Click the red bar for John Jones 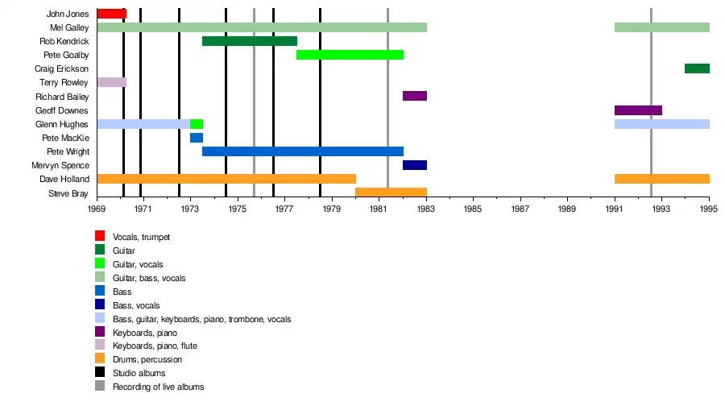point(111,14)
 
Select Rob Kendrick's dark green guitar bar point(249,41)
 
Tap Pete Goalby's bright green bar point(350,55)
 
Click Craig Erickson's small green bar point(697,68)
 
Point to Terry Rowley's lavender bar point(111,82)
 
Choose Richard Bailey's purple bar point(415,96)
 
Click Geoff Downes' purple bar point(638,110)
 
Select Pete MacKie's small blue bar point(197,138)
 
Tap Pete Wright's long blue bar point(302,151)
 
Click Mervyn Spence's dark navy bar point(415,165)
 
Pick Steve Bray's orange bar point(391,193)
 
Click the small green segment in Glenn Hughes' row point(197,124)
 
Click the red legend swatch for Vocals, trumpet point(100,236)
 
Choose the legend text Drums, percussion point(147,359)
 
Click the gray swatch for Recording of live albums point(100,387)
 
